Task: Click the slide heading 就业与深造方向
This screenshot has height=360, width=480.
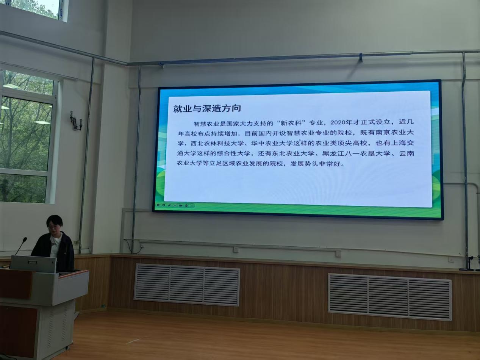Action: (x=207, y=108)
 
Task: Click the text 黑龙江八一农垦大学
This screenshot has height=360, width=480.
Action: (x=356, y=153)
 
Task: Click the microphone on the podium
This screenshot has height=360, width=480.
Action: (x=22, y=246)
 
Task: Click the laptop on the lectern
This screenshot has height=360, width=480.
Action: (x=33, y=263)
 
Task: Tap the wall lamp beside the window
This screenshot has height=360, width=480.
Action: (x=76, y=121)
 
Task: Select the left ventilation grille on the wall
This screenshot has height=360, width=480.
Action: (x=187, y=285)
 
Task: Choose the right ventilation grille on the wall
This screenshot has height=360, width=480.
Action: (x=390, y=297)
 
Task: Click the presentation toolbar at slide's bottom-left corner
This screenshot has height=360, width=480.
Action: (x=175, y=205)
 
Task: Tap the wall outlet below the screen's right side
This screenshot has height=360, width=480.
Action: (x=338, y=254)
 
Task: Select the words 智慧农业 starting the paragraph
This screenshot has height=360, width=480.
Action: (x=206, y=124)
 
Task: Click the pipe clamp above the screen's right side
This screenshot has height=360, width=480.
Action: (x=360, y=57)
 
